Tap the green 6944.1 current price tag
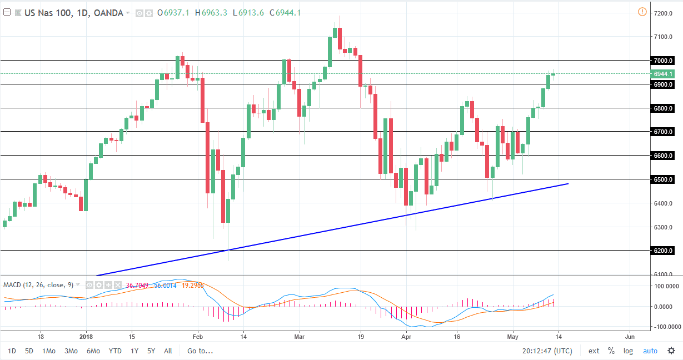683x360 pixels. coord(664,74)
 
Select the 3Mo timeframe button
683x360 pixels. coord(71,351)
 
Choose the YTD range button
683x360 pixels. coord(115,351)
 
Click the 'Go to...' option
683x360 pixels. coord(200,351)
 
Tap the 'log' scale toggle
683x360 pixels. coord(628,351)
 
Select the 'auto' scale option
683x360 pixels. coord(650,351)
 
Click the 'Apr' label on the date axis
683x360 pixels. coord(406,337)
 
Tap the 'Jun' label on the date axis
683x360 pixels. coord(630,337)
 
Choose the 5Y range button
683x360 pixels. coord(151,351)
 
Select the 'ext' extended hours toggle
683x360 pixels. coord(594,351)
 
